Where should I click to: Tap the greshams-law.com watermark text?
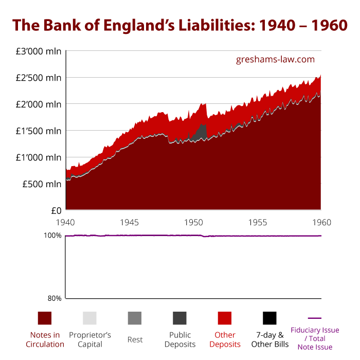coord(275,59)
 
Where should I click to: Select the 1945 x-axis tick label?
coord(130,223)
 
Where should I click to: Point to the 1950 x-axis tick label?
coord(194,223)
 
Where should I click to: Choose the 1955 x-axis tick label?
coord(258,223)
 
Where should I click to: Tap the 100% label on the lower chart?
coord(52,236)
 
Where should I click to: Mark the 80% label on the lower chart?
coord(55,298)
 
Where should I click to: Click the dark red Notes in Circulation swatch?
coord(45,318)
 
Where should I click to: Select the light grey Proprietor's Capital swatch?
coord(89,318)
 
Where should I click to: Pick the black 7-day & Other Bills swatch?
coord(269,318)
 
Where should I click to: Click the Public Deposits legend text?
coord(179,340)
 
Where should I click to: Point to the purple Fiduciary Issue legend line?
coord(314,318)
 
